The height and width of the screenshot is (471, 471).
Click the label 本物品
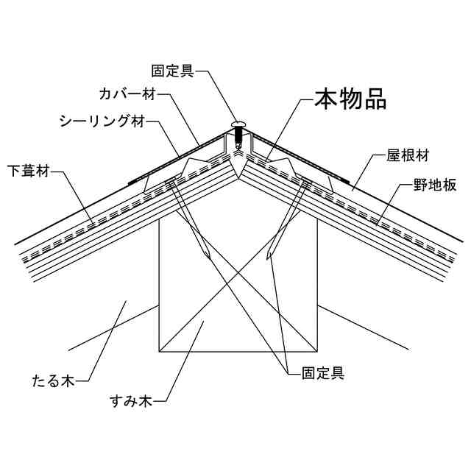[x=350, y=99]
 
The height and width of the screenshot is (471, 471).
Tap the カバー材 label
[x=128, y=95]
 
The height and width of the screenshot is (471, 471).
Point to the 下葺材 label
[x=30, y=172]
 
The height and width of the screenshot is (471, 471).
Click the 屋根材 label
[x=408, y=156]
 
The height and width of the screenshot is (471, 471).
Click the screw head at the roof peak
[x=239, y=125]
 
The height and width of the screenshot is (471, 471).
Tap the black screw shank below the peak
[x=239, y=138]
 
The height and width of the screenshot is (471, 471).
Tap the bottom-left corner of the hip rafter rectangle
[x=159, y=350]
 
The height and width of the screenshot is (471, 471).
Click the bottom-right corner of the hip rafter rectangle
[x=318, y=350]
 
